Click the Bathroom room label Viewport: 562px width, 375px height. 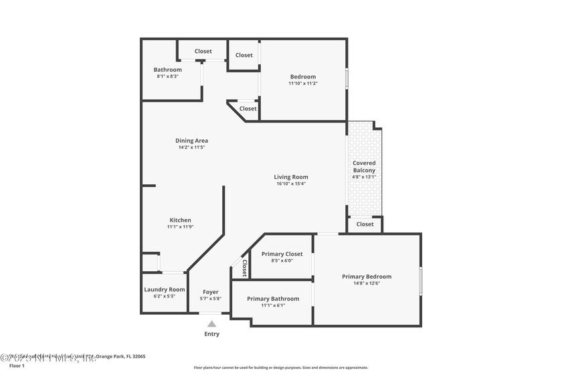[x=167, y=70]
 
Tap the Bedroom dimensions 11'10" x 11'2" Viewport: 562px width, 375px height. [x=302, y=84]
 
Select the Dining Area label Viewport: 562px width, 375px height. [x=191, y=141]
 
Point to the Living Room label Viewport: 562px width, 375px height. [x=291, y=177]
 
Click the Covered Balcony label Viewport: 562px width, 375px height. [x=364, y=167]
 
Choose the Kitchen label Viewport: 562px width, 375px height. [x=180, y=220]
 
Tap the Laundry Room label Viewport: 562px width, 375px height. [x=164, y=289]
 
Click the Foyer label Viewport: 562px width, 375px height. [x=211, y=292]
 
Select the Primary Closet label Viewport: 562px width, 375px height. [x=282, y=254]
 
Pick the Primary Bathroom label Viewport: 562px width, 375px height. [x=272, y=299]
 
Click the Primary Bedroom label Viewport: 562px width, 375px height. [x=367, y=277]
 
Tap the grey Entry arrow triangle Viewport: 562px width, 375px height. [x=211, y=324]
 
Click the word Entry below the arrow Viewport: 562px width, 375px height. [x=211, y=334]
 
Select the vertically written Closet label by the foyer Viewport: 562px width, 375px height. [x=244, y=269]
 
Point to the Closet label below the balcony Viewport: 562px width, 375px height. [x=365, y=224]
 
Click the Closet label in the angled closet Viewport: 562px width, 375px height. [x=248, y=108]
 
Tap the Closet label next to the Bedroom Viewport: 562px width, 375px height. [x=244, y=55]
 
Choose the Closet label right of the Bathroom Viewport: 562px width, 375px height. [x=203, y=51]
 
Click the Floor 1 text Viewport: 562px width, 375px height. [x=17, y=366]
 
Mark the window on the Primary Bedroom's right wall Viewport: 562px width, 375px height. [x=420, y=281]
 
